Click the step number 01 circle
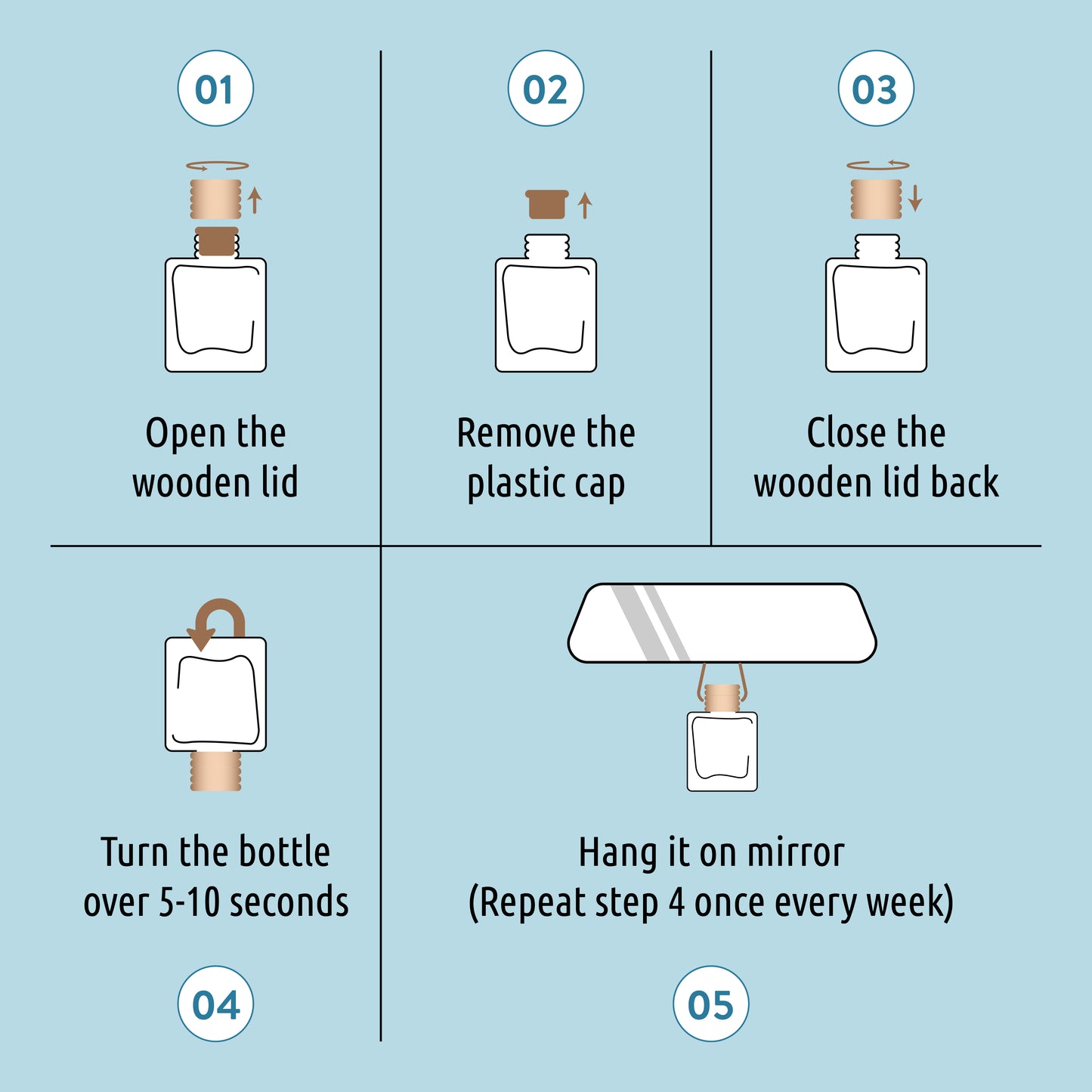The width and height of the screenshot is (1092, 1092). point(215,88)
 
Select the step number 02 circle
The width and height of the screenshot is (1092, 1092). point(546,88)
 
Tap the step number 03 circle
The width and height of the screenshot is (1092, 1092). point(876,88)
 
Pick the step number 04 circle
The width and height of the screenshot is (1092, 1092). point(215,1004)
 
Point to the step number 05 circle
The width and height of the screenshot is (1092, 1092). point(710,1004)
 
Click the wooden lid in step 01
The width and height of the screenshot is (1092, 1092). point(215,199)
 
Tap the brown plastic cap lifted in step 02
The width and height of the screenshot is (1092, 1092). point(547,204)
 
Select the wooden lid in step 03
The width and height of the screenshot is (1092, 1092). point(876,199)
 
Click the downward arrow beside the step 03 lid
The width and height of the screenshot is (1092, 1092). point(915,198)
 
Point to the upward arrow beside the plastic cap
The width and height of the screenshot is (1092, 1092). point(585,205)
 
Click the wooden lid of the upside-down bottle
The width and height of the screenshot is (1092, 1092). point(215,772)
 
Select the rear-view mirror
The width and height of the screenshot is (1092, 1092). point(722,623)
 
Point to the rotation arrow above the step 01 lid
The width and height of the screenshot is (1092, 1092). point(218,166)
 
